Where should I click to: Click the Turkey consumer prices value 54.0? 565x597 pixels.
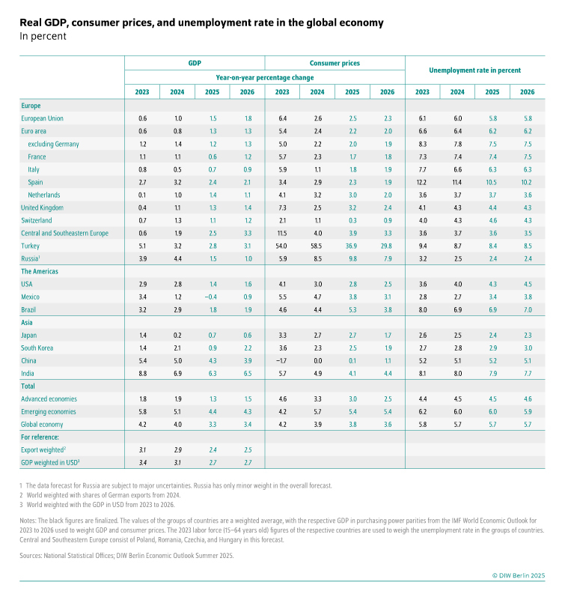coord(282,246)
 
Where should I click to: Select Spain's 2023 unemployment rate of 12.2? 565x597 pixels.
coord(422,182)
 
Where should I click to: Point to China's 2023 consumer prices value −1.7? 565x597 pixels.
coord(282,360)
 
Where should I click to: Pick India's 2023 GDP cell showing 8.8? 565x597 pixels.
coord(142,373)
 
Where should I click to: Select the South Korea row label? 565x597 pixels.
coord(40,348)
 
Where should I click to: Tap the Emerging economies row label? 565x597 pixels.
coord(49,411)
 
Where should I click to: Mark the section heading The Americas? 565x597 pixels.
coord(40,271)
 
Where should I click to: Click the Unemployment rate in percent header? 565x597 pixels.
coord(474,70)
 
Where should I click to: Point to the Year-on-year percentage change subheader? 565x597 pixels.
coord(265,77)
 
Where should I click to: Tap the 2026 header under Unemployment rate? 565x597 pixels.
coord(528,92)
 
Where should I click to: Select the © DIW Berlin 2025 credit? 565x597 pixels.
coord(524,575)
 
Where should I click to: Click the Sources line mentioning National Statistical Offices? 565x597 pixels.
coord(126,556)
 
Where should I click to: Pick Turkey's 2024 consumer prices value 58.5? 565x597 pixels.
coord(317,246)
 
